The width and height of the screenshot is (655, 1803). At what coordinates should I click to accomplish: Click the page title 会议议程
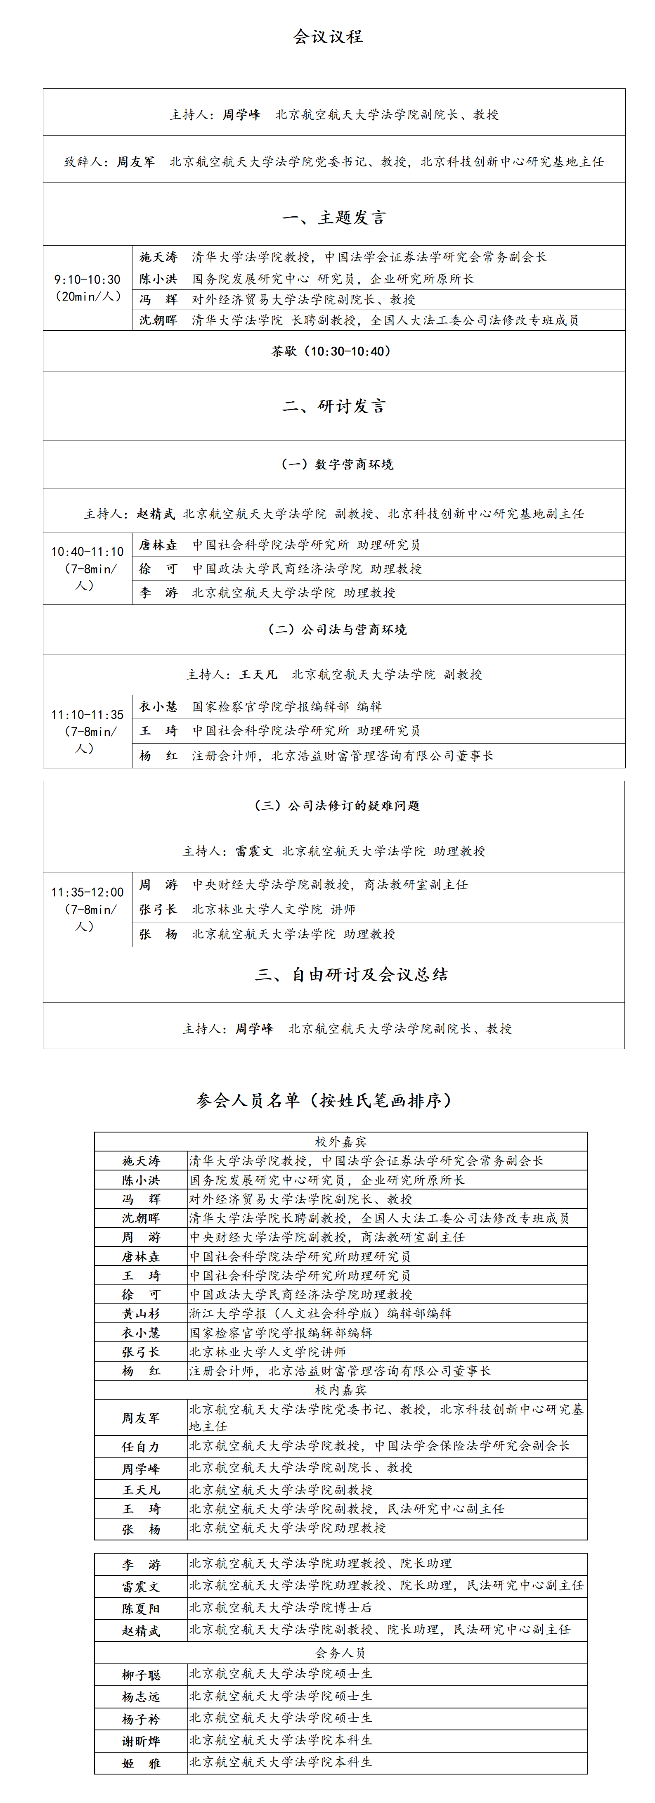pyautogui.click(x=328, y=36)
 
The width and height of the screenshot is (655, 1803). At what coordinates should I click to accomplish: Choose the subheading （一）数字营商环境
pyautogui.click(x=337, y=464)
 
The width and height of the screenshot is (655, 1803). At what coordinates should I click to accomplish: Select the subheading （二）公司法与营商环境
pyautogui.click(x=337, y=629)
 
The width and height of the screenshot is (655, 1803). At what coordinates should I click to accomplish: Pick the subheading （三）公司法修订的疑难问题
pyautogui.click(x=337, y=806)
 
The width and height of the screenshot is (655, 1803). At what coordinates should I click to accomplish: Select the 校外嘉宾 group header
pyautogui.click(x=341, y=1142)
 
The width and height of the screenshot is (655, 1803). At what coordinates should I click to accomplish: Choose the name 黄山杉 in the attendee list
pyautogui.click(x=141, y=1314)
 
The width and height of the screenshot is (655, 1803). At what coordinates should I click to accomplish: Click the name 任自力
pyautogui.click(x=141, y=1447)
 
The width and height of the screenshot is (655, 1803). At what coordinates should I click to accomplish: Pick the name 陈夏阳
pyautogui.click(x=141, y=1609)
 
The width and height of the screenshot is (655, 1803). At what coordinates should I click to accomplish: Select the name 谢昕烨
pyautogui.click(x=141, y=1741)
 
